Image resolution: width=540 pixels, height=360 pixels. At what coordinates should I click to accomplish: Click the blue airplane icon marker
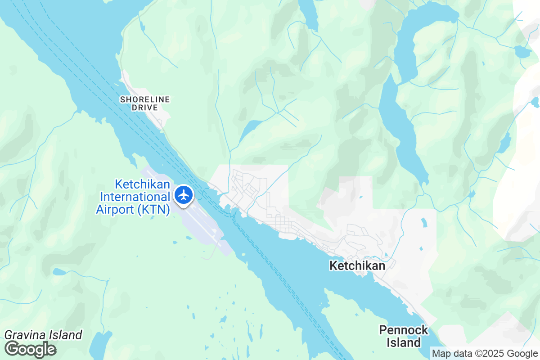[184, 195]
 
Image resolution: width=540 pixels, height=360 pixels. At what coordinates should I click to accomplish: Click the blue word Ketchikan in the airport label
[142, 184]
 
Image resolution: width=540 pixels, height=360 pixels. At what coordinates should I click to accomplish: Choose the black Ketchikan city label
[357, 266]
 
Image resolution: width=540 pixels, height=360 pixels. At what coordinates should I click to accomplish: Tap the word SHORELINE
[145, 99]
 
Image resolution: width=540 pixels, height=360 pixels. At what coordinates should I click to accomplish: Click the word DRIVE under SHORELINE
[145, 108]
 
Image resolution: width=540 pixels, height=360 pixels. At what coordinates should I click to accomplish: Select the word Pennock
[404, 330]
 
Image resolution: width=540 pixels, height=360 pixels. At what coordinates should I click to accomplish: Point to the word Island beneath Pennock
[404, 343]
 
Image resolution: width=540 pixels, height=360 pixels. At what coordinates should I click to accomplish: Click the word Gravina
[23, 335]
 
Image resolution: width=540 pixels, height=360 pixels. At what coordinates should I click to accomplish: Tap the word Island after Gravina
[66, 335]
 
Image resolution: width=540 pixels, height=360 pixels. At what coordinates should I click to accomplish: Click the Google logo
[31, 349]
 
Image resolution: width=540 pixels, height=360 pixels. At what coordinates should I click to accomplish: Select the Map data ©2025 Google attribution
[484, 354]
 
